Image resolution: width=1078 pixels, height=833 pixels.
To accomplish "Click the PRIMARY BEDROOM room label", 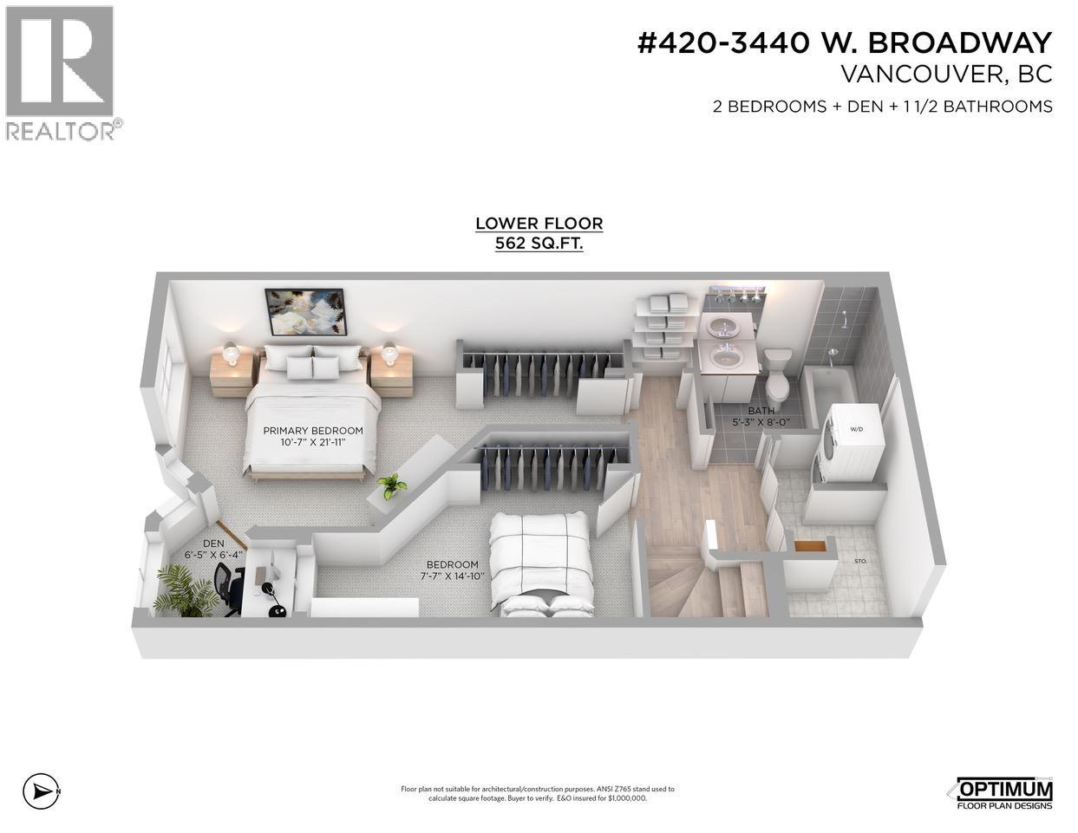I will point(312,431).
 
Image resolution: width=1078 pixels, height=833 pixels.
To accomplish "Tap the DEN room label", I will point(212,543).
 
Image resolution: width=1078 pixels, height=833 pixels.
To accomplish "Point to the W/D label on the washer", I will point(856,429).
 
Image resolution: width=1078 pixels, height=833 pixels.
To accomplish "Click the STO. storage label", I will point(860,561).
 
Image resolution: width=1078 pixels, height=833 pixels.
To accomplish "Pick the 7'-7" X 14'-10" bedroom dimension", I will point(452,576).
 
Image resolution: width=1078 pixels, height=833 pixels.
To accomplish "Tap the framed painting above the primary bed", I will point(304,312).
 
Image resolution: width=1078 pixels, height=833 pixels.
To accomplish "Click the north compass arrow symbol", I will point(40,791).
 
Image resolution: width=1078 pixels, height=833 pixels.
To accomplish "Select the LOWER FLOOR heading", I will point(539,224).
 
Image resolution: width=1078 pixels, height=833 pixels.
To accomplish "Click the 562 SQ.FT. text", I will point(539,244).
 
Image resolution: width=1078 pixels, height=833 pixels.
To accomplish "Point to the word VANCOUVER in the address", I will point(920,75).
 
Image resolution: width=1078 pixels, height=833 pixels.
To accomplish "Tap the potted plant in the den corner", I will point(184,590).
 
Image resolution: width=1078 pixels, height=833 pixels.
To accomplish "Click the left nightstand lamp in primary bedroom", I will point(230,352).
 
